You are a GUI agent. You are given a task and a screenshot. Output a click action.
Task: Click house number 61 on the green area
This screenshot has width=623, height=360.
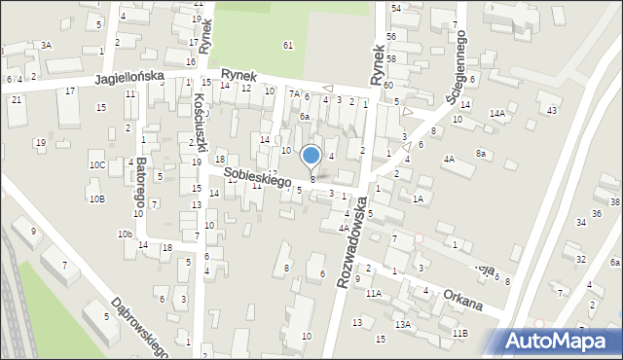pos(287,46)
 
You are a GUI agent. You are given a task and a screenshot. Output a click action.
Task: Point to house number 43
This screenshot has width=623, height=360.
pos(552,110)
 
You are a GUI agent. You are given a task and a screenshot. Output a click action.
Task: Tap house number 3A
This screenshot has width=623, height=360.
pos(46,45)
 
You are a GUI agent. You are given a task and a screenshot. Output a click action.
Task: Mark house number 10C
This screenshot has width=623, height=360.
pos(96,165)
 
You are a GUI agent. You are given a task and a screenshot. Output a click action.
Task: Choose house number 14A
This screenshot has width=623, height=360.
pos(497,114)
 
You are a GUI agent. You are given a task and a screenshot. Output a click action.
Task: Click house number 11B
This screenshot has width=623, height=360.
pos(458,334)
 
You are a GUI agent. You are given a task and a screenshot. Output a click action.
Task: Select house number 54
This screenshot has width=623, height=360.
pos(395,8)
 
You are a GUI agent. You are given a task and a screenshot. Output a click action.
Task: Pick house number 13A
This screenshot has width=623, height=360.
pos(402,324)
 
